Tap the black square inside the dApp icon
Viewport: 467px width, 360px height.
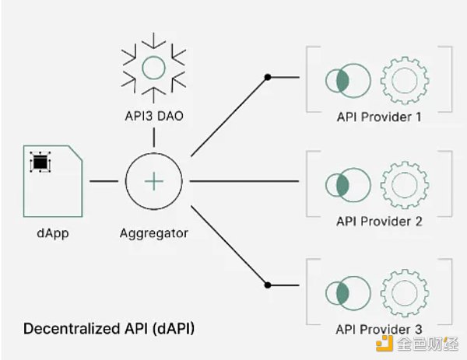coord(38,163)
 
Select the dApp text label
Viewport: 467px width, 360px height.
coord(53,232)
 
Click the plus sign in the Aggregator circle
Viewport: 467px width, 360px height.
coord(155,181)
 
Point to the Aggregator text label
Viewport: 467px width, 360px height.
coord(155,232)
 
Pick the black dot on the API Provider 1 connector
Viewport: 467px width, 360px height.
coord(268,77)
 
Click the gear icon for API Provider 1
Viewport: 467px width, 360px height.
coord(402,80)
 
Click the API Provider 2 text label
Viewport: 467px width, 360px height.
coord(379,222)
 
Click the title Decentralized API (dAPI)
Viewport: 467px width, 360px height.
coord(108,328)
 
